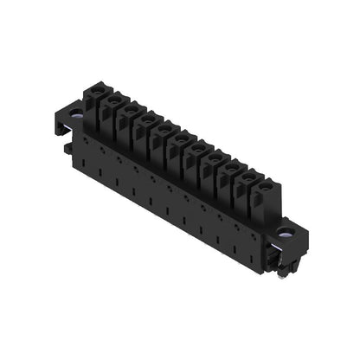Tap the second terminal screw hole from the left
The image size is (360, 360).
(111, 99)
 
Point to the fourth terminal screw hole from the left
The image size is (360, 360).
(146, 119)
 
